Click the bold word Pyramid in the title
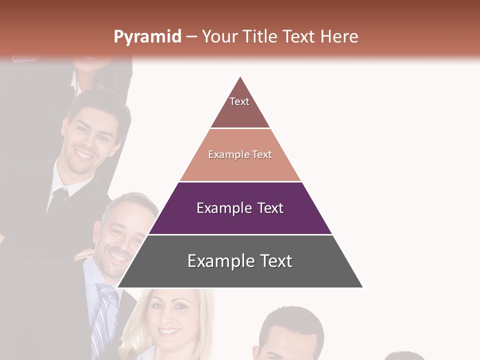[x=147, y=36]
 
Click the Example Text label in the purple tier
[x=240, y=208]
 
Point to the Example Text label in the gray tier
[x=240, y=261]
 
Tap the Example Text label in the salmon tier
[x=240, y=154]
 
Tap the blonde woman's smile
[x=169, y=331]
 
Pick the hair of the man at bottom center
[x=292, y=320]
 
